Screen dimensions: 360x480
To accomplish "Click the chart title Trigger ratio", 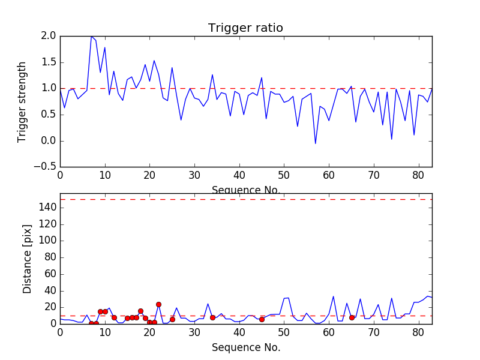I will coord(245,28).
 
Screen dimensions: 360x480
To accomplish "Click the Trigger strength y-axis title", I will coord(22,101).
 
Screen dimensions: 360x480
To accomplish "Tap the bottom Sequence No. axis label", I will coord(245,347).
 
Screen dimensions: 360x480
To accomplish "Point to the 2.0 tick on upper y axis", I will coord(49,36).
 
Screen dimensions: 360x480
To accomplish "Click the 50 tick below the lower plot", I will coord(284,332).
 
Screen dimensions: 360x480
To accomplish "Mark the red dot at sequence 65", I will coord(352,317).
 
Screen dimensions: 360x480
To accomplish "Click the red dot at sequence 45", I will coord(262,319).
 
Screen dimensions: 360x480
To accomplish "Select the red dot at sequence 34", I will coord(212,317).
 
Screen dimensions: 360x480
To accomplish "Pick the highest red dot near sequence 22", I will coord(158,304).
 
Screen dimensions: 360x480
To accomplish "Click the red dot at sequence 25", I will coord(172,319).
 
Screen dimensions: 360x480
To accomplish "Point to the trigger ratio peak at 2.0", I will coord(92,36).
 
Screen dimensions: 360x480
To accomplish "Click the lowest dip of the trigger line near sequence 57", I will coord(316,143).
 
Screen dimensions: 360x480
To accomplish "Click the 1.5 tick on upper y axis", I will coord(49,62).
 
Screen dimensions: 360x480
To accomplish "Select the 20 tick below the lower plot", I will coord(149,332).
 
